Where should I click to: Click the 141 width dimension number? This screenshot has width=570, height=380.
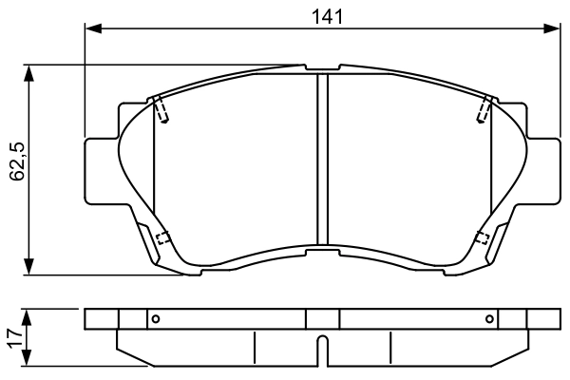pyautogui.click(x=328, y=17)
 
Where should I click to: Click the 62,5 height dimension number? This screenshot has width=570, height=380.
pyautogui.click(x=17, y=161)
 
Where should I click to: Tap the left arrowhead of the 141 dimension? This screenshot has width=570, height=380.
pyautogui.click(x=93, y=28)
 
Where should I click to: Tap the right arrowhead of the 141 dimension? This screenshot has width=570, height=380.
pyautogui.click(x=551, y=28)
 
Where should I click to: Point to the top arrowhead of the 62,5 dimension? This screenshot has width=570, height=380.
pyautogui.click(x=28, y=73)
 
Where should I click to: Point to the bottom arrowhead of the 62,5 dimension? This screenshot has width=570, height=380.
pyautogui.click(x=28, y=267)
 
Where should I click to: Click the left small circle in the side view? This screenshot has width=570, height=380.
pyautogui.click(x=156, y=319)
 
